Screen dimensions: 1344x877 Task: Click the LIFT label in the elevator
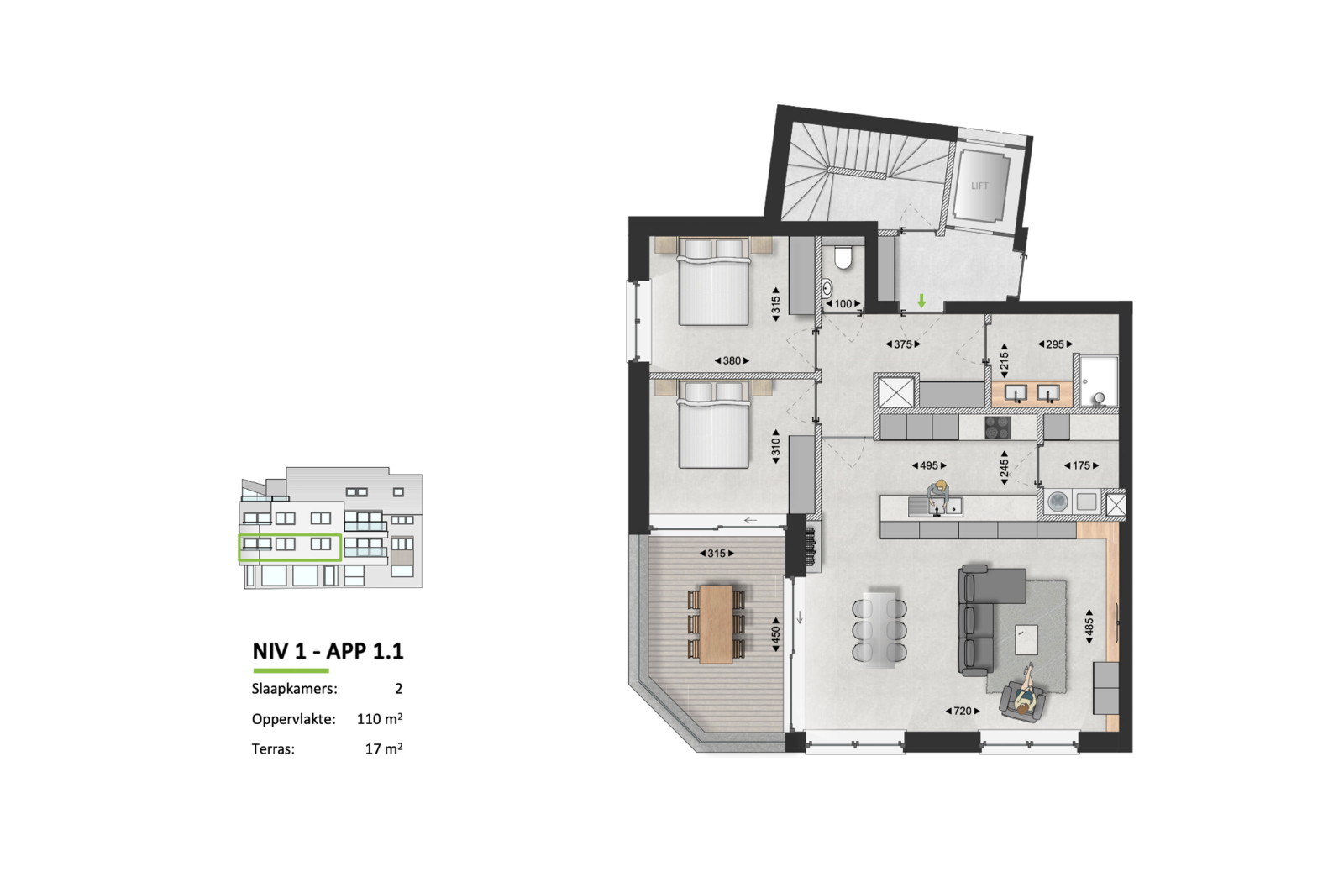(x=979, y=186)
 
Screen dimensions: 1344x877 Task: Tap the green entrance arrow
(x=921, y=301)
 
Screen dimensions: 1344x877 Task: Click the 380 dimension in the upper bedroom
(x=732, y=360)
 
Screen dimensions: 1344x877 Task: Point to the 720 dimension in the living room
(x=963, y=711)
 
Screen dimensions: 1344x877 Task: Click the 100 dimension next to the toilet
(x=843, y=303)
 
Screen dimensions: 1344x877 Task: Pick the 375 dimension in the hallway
(x=903, y=344)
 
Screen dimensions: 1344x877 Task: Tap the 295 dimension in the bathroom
(x=1055, y=344)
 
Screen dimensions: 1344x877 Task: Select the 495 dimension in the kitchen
(x=929, y=465)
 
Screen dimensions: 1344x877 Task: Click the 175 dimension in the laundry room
(x=1081, y=465)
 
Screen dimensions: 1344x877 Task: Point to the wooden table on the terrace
(x=717, y=624)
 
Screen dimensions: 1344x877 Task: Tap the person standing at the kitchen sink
(x=937, y=496)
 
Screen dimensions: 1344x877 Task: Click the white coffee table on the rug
(x=1026, y=640)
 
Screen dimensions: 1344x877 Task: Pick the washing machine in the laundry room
(x=1058, y=502)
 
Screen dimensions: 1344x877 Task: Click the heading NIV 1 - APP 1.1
(x=328, y=652)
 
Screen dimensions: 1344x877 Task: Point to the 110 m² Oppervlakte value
(x=380, y=718)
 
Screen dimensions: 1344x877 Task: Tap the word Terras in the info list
(x=273, y=748)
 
